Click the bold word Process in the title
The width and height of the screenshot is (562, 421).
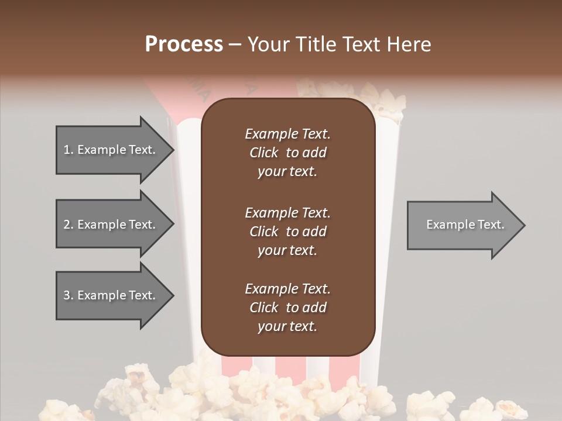184,44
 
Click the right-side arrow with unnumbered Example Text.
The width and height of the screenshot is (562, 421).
462,225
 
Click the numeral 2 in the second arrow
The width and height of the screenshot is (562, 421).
67,225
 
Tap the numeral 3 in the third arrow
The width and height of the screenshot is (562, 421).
67,295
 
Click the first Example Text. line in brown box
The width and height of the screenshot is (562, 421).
287,134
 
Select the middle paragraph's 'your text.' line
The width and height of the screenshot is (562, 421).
287,250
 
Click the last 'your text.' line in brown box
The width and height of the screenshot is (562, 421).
287,327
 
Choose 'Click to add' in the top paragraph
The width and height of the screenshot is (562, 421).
287,153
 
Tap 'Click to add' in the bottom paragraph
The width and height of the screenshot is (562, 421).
287,308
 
